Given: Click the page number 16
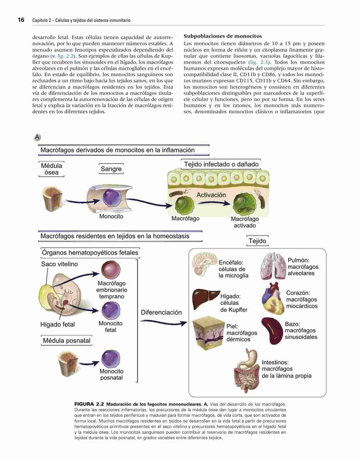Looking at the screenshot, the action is pos(21,20).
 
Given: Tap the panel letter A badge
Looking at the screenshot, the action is pos(37,137).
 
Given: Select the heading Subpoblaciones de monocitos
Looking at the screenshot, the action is pos(223,36).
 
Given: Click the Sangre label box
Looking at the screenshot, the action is pos(111,169).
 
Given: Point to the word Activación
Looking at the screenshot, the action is pos(211,195).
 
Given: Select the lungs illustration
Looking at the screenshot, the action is pos(273,266).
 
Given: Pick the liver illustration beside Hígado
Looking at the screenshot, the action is pos(206,298).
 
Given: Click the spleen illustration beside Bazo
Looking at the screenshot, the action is pos(272,331).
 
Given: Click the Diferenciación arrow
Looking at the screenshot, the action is pos(163,323).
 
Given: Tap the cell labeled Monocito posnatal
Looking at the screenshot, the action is pos(111,359).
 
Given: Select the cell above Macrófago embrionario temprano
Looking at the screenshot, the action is pos(111,270).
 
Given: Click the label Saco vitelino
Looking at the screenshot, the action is pos(59,264).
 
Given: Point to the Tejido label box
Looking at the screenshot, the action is pos(257,241).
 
